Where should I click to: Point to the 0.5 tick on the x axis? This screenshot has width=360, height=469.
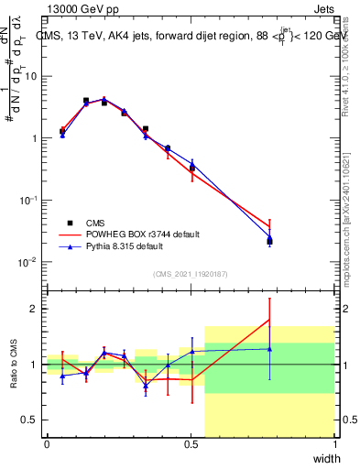click(191, 444)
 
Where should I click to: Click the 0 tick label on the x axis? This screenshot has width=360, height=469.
click(47, 444)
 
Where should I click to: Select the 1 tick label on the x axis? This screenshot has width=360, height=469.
click(335, 444)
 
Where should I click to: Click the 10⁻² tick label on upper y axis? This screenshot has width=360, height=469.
click(29, 261)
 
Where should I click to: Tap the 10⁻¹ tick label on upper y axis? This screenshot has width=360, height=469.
click(29, 200)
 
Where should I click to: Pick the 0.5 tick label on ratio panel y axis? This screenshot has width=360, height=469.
click(33, 420)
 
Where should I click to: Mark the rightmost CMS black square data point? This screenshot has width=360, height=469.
click(269, 242)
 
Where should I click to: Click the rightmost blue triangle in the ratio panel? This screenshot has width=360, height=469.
click(269, 348)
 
